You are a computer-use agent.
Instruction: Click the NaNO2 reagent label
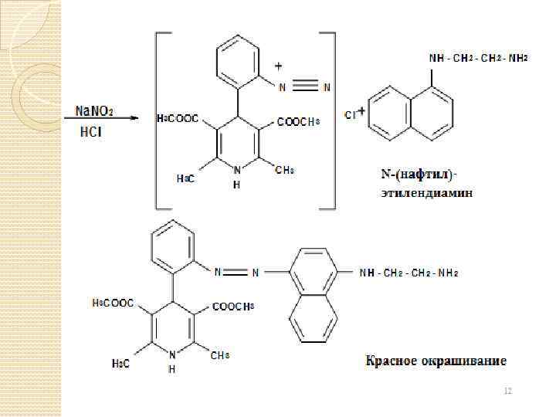click(x=94, y=111)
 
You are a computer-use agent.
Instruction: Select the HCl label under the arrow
click(x=91, y=132)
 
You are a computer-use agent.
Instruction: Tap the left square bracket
click(x=158, y=120)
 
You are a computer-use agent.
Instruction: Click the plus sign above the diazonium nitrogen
click(x=279, y=68)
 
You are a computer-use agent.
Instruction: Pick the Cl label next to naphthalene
click(x=350, y=114)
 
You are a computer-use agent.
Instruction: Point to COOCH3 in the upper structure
click(x=297, y=121)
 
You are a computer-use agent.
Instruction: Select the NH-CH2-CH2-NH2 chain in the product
click(x=410, y=272)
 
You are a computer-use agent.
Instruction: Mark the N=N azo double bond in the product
click(x=239, y=272)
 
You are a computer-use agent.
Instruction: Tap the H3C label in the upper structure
click(x=185, y=178)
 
